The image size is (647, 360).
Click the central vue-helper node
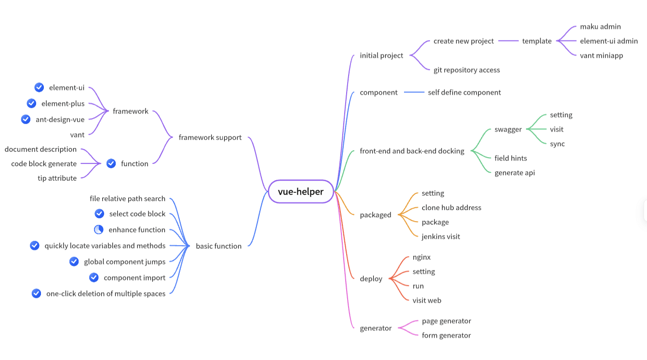point(301,192)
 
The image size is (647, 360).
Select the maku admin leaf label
point(600,27)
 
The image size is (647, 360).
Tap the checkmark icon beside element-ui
point(40,87)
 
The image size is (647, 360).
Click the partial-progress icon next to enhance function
point(99,229)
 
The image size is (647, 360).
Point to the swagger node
point(508,129)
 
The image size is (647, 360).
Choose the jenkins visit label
point(441,237)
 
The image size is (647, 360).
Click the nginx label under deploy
point(421,257)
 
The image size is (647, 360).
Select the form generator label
point(446,335)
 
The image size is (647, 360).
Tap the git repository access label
point(466,70)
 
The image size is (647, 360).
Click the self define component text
point(464,92)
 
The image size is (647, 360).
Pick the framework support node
point(210,137)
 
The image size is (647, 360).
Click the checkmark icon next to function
point(111,163)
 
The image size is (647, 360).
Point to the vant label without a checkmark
point(77,135)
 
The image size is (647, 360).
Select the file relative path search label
point(127,199)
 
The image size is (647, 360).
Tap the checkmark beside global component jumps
point(74,261)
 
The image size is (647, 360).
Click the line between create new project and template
point(508,41)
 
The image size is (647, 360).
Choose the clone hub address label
point(451,208)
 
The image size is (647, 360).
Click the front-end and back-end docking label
point(412,151)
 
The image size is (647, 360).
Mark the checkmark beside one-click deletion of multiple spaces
point(37,293)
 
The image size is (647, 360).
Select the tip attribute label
point(57,178)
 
